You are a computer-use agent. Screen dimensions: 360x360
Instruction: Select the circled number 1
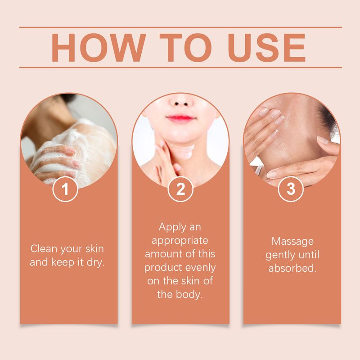pyautogui.click(x=66, y=189)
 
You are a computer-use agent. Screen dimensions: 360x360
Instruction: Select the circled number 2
pyautogui.click(x=180, y=189)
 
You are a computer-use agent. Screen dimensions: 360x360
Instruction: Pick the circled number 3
pyautogui.click(x=291, y=189)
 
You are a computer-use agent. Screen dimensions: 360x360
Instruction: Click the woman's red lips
pyautogui.click(x=180, y=119)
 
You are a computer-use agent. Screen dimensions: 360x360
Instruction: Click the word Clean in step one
pyautogui.click(x=44, y=248)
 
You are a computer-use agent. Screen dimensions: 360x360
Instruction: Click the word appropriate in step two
pyautogui.click(x=180, y=241)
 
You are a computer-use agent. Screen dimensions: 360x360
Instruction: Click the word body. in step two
pyautogui.click(x=192, y=295)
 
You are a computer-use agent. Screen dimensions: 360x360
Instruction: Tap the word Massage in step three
pyautogui.click(x=292, y=241)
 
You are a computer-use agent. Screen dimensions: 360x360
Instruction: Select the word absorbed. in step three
pyautogui.click(x=292, y=269)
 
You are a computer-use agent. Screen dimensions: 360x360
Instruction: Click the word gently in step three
pyautogui.click(x=279, y=255)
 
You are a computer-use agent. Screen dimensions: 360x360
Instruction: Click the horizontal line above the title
pyautogui.click(x=180, y=27)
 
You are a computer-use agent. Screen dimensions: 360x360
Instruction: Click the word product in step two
pyautogui.click(x=162, y=268)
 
